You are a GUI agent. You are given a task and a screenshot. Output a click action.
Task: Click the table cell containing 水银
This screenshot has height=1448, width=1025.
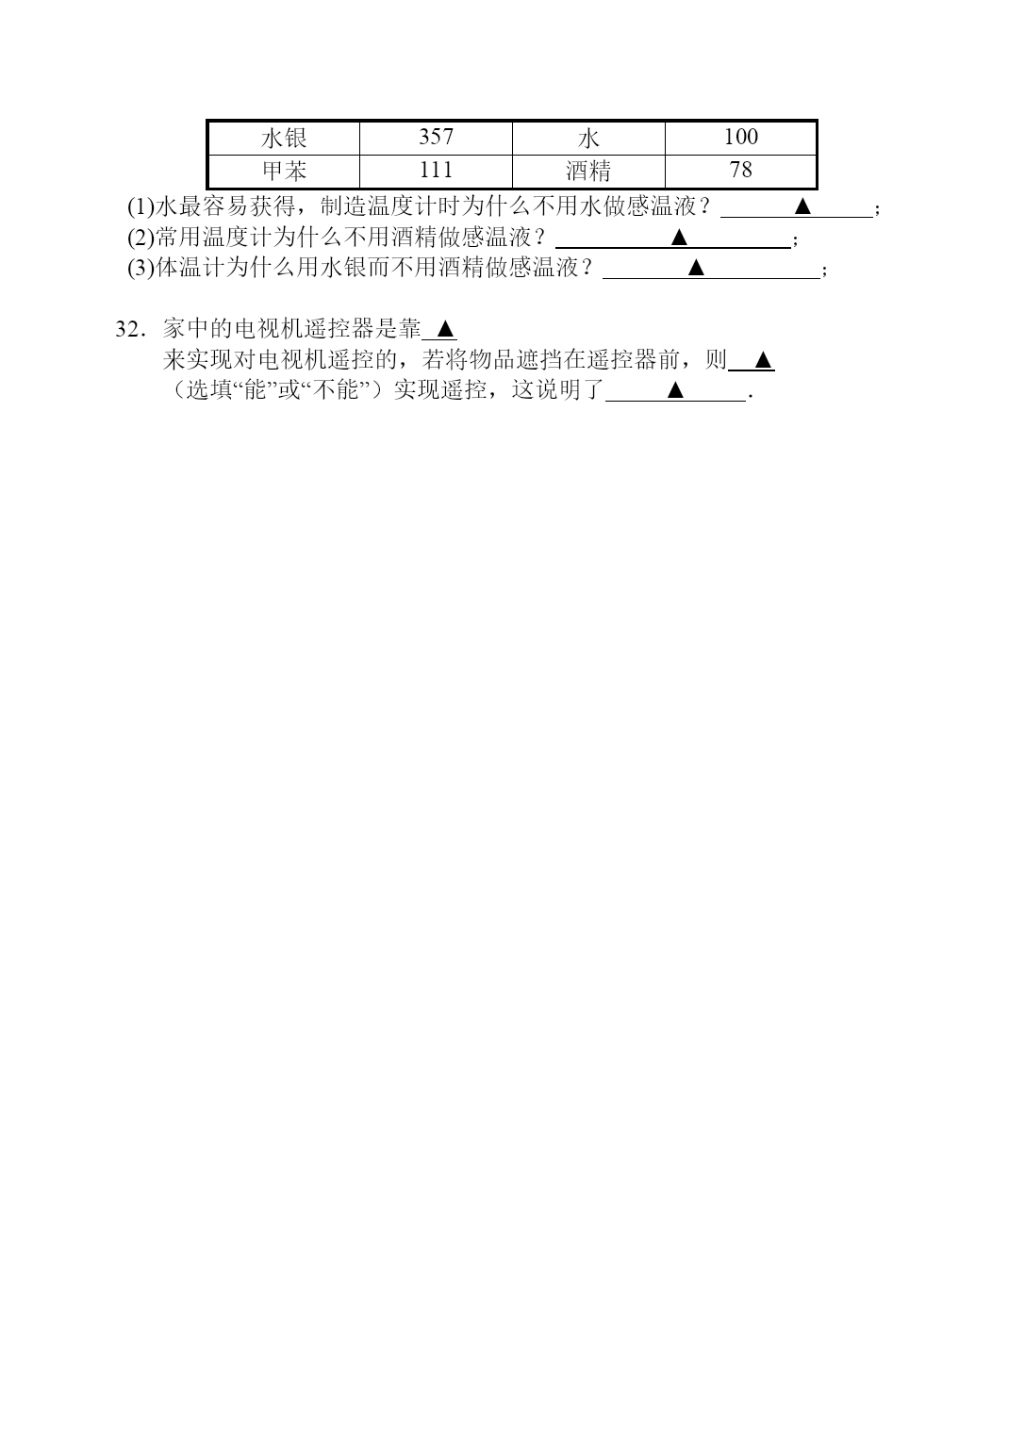tap(284, 138)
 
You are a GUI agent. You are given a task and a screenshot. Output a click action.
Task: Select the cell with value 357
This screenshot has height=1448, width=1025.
tap(436, 138)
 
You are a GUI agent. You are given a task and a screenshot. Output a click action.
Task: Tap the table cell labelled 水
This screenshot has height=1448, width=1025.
tap(588, 138)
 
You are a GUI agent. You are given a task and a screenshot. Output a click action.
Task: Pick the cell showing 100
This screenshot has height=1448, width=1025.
tap(740, 138)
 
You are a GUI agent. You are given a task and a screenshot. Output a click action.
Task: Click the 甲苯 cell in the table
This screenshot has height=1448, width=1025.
tap(284, 171)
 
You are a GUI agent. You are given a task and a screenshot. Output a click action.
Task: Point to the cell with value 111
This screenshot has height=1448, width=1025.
tap(436, 171)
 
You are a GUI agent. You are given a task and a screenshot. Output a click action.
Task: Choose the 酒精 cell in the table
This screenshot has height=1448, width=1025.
tap(588, 171)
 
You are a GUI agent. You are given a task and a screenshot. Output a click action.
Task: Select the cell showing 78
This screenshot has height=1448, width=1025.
tap(740, 171)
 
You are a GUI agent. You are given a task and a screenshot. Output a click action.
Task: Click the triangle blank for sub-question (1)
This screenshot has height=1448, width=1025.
tap(802, 206)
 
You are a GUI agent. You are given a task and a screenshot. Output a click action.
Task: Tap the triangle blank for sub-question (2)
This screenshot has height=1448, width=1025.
tap(679, 238)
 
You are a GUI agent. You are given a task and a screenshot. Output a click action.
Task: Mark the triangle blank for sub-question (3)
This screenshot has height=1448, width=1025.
tap(696, 267)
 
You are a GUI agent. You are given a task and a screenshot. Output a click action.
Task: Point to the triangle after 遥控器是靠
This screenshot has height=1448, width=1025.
tap(446, 329)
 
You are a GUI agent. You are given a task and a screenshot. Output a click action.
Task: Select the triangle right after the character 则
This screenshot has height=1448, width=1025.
tap(764, 360)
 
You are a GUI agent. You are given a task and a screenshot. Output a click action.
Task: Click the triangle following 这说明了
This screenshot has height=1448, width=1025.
tap(675, 389)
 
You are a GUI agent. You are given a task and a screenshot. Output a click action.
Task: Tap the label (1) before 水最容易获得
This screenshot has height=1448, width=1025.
tap(141, 206)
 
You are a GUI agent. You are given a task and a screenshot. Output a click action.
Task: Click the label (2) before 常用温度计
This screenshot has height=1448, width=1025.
tap(141, 238)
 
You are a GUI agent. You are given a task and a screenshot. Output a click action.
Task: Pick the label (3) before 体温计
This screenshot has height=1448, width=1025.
tap(141, 268)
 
